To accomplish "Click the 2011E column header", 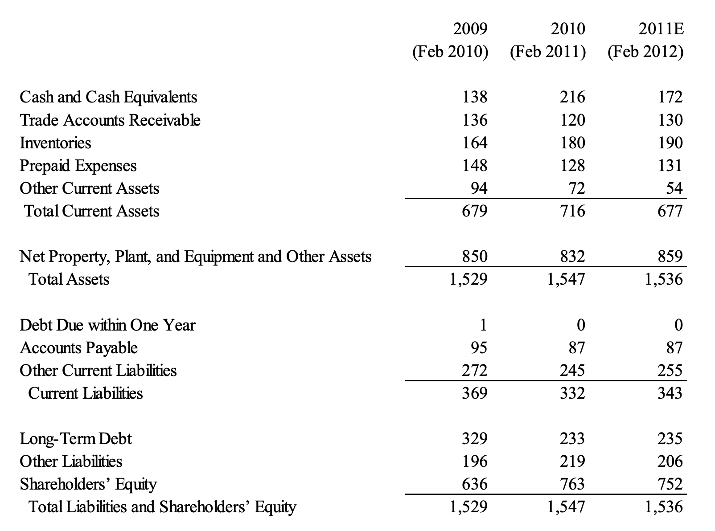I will [x=661, y=29].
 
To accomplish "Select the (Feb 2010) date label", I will [x=450, y=52].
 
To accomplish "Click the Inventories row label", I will [x=55, y=143].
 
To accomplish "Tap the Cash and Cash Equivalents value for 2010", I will [x=572, y=97].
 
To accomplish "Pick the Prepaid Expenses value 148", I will [x=475, y=166].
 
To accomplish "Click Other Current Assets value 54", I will [x=674, y=188].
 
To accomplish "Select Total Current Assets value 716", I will [x=572, y=211].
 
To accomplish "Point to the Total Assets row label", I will [x=69, y=279].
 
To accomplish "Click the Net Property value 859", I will [x=670, y=257].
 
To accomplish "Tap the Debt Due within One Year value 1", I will [x=483, y=325].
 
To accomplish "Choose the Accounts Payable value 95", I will [x=479, y=348].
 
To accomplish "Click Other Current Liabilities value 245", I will [x=572, y=371].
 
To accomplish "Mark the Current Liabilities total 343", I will [x=670, y=393].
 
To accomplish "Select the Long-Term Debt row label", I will [x=76, y=439].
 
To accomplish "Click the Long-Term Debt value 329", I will [x=475, y=439].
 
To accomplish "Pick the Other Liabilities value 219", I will [x=572, y=462].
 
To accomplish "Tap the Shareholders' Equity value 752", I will [x=670, y=484].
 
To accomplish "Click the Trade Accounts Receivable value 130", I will [x=670, y=120].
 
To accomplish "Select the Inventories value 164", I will [x=475, y=143].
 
